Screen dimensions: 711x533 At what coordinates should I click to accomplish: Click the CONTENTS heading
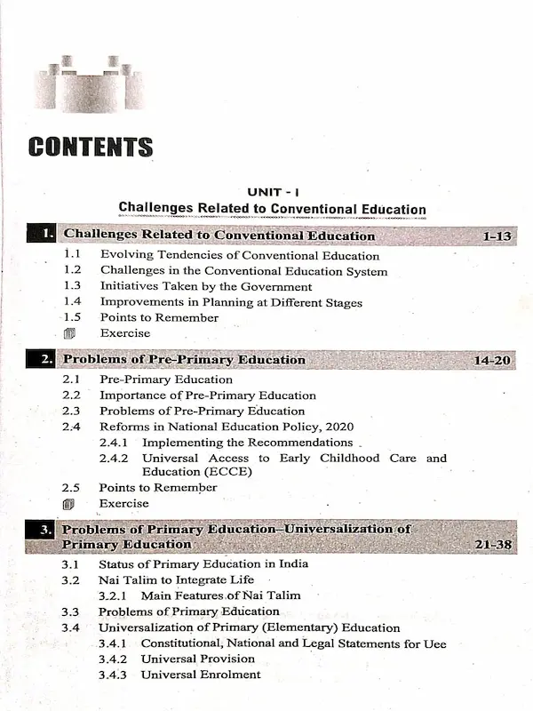coord(90,148)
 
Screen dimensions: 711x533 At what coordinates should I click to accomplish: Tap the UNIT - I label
coord(272,192)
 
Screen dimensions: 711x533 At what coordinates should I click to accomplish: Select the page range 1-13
coord(498,236)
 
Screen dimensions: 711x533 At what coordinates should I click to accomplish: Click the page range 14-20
coord(494,360)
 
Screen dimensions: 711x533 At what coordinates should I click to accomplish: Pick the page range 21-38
coord(494,544)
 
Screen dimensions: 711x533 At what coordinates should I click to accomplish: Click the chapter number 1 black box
coord(44,236)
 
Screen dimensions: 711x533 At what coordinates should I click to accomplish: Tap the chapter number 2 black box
coord(44,360)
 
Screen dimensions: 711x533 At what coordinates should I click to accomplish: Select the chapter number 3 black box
coord(44,530)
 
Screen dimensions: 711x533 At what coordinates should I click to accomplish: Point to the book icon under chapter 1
coord(70,334)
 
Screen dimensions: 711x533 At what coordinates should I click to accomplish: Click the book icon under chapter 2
coord(70,504)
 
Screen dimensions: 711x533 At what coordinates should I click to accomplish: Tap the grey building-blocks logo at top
coord(90,82)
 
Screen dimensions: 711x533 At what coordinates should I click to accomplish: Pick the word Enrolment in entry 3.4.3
coord(228,675)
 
